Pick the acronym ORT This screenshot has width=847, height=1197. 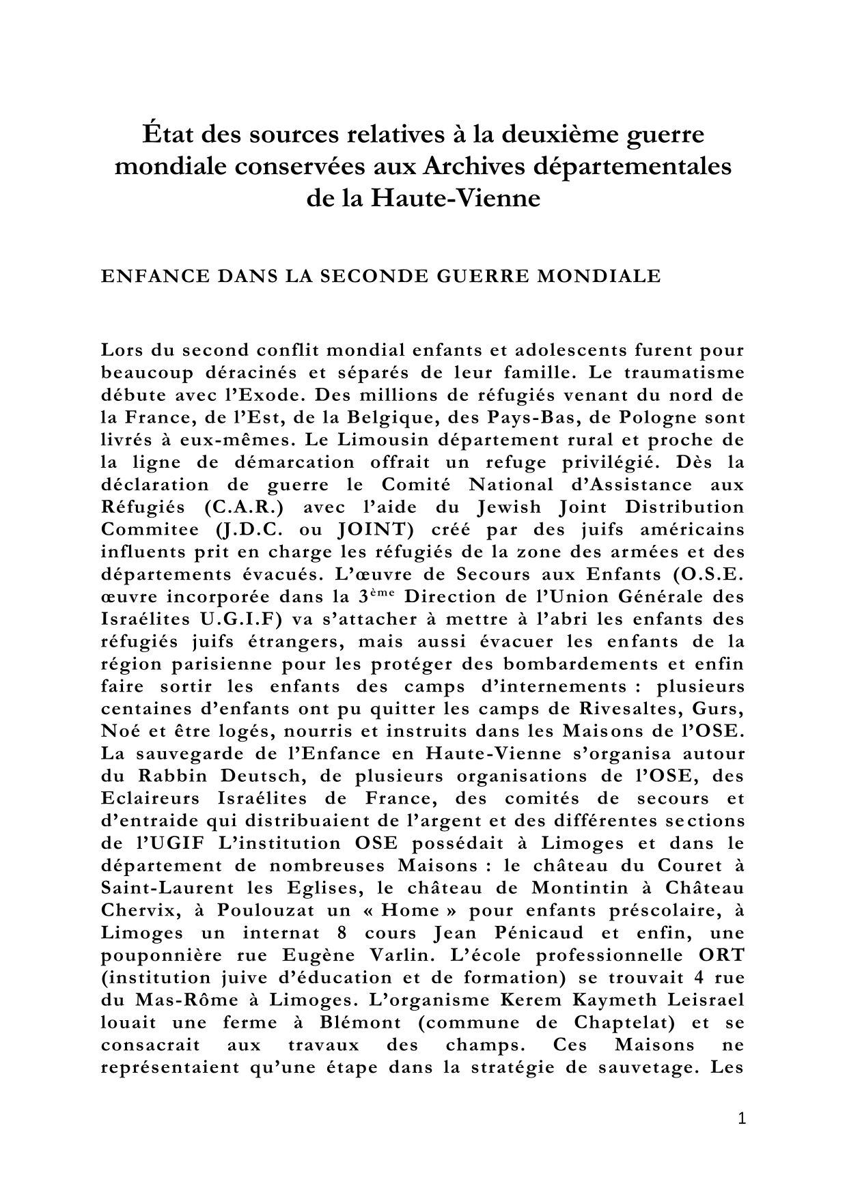(x=721, y=955)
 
